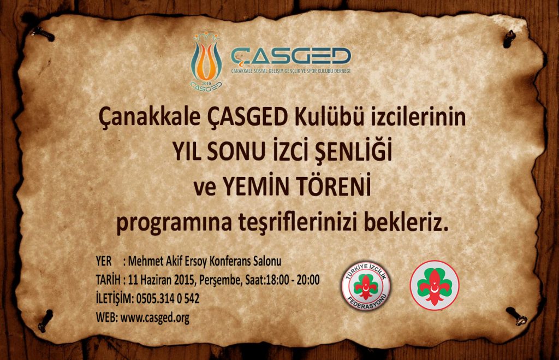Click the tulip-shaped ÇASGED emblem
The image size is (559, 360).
pos(206,61)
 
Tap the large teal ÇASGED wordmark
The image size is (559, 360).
pos(291,57)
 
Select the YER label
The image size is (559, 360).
pos(104,261)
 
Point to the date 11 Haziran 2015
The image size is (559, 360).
pos(161,280)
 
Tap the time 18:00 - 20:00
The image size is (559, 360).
pos(293,280)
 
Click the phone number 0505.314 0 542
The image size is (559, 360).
pos(168,298)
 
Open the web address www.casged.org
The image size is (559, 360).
pos(154,317)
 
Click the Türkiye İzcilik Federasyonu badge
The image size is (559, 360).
pos(366,285)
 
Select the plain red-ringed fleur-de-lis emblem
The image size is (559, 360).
pos(434,285)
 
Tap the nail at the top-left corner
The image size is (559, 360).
pos(41,34)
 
